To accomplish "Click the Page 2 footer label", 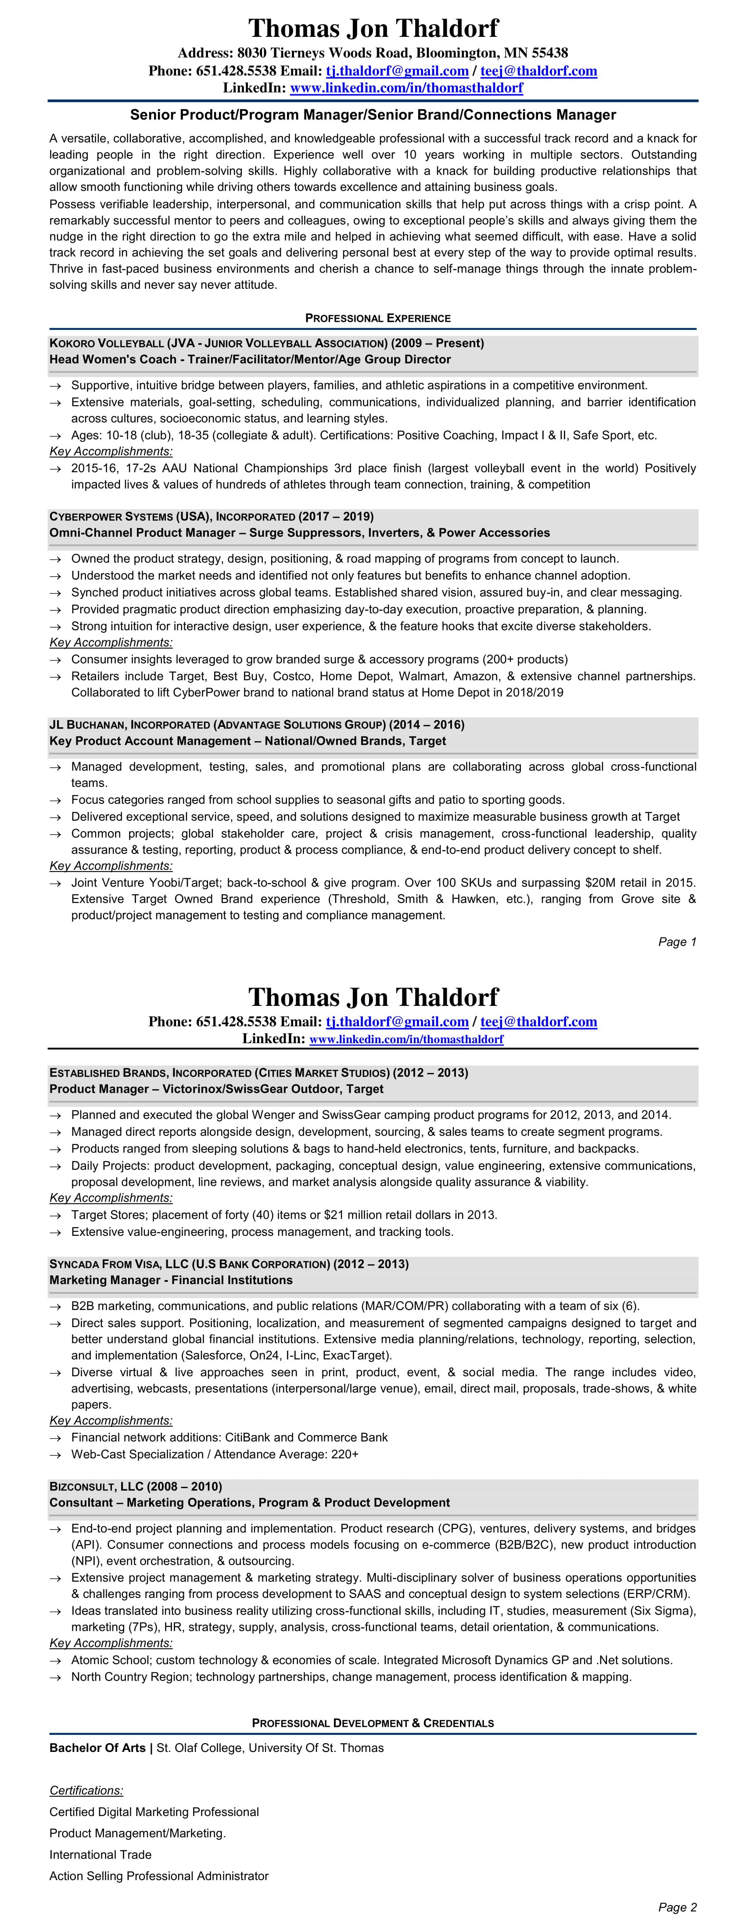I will pyautogui.click(x=677, y=1907).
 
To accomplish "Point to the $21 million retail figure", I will pyautogui.click(x=359, y=1214).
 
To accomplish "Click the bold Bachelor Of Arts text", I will pyautogui.click(x=97, y=1748).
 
